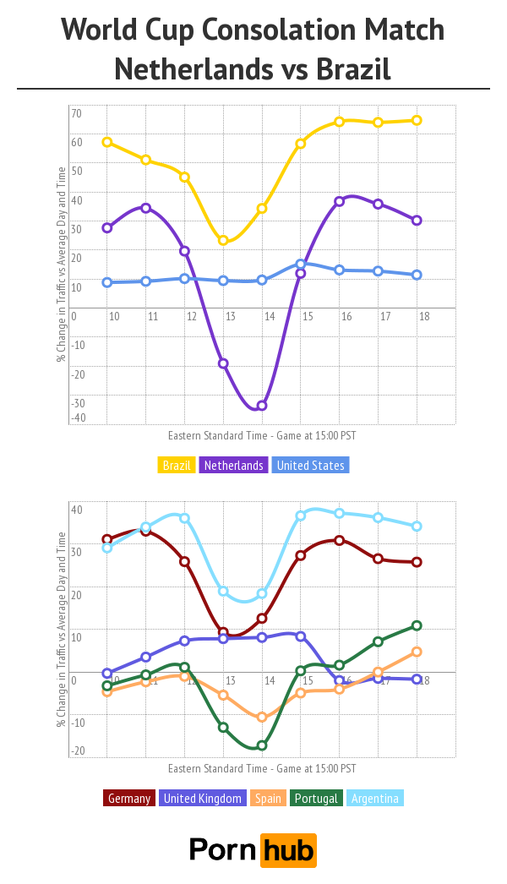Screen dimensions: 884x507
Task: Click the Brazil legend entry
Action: (x=177, y=466)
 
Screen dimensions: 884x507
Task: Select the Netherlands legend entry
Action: (x=232, y=466)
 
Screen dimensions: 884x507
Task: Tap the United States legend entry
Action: (x=311, y=466)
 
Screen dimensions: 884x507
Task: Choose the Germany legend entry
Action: (x=129, y=798)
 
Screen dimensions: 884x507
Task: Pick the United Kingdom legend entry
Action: (x=203, y=798)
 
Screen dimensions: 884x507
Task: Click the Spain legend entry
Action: (x=268, y=798)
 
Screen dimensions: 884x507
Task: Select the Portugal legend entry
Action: (x=315, y=798)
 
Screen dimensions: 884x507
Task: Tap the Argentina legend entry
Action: (x=374, y=798)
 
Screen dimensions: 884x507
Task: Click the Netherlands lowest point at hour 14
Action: (x=262, y=406)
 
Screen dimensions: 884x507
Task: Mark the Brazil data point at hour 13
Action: (x=223, y=241)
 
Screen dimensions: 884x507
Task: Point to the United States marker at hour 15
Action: (x=301, y=264)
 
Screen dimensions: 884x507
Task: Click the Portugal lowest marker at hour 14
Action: (x=262, y=745)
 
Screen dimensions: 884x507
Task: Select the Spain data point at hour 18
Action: (x=417, y=652)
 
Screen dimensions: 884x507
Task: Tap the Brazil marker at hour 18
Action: (x=417, y=120)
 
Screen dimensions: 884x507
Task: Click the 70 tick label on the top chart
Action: (x=76, y=113)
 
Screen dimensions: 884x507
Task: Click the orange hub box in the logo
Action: (x=288, y=849)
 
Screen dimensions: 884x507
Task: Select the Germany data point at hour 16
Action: (x=340, y=540)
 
